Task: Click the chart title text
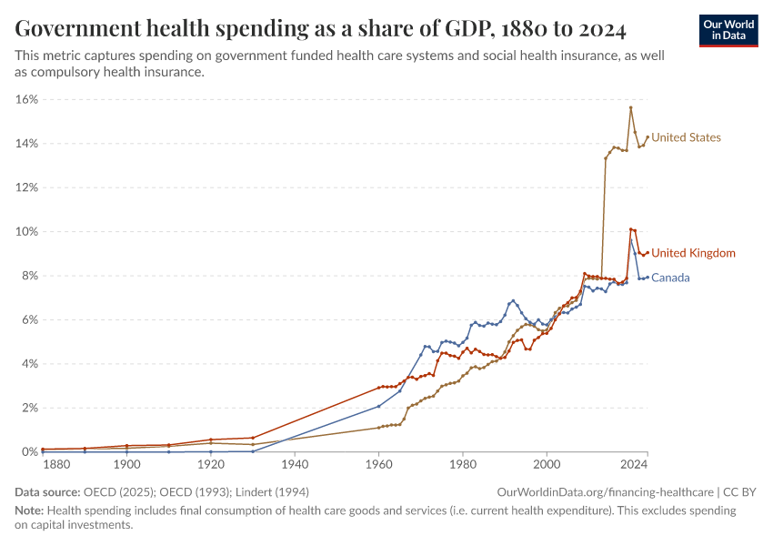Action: (x=320, y=29)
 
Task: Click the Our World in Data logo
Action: (x=728, y=30)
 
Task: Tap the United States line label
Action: (x=687, y=137)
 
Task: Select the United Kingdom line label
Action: (x=694, y=253)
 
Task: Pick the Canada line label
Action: (x=670, y=278)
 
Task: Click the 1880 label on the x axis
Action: (x=56, y=465)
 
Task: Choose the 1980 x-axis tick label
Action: (x=463, y=465)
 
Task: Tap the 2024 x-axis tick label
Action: (x=634, y=465)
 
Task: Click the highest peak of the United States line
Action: (x=630, y=107)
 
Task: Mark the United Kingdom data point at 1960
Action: (x=379, y=388)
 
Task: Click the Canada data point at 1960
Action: (x=379, y=406)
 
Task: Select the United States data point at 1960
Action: (x=379, y=428)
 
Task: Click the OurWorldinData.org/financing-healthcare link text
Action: (x=605, y=491)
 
